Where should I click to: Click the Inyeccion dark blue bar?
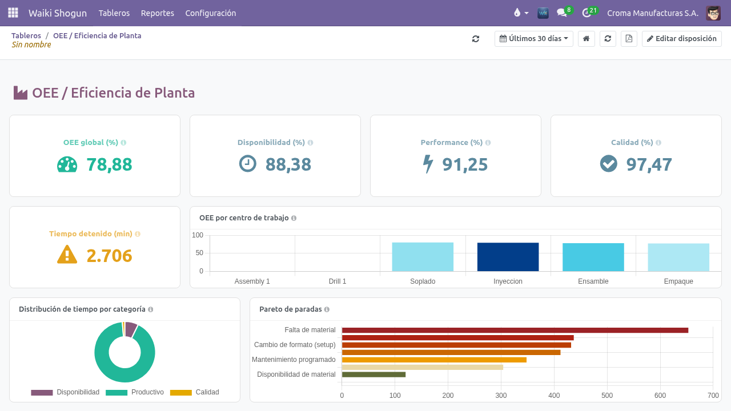tap(508, 257)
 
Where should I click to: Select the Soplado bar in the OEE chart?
tap(423, 257)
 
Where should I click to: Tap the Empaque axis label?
tap(678, 281)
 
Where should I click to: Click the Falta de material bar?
tap(515, 331)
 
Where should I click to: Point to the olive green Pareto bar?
tap(373, 374)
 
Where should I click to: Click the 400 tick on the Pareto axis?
tap(554, 396)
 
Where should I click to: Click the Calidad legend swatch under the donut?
tap(181, 392)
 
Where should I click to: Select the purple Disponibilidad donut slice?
tap(131, 329)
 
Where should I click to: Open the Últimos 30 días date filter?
tap(534, 39)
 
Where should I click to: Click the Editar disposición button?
tap(682, 39)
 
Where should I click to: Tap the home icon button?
tap(587, 39)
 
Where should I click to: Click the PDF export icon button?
tap(629, 39)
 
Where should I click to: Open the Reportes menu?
tap(157, 13)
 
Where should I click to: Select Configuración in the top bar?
tap(211, 13)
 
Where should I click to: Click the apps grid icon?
tap(13, 13)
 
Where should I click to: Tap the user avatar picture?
tap(713, 13)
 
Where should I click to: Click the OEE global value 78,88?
tap(109, 164)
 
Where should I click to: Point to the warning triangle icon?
tap(67, 255)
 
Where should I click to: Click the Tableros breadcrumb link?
tap(26, 35)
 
